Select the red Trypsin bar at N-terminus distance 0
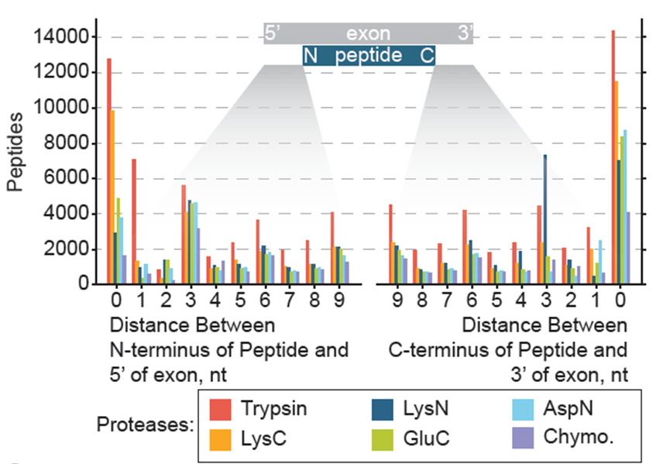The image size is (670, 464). (x=109, y=171)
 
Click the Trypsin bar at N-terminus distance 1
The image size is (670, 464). (x=134, y=222)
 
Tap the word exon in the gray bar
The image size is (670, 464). (x=369, y=33)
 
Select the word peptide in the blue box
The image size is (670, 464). (x=369, y=56)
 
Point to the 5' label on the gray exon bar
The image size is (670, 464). (x=274, y=33)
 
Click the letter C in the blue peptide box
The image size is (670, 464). (x=427, y=56)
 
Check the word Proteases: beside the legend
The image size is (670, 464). (x=145, y=425)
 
